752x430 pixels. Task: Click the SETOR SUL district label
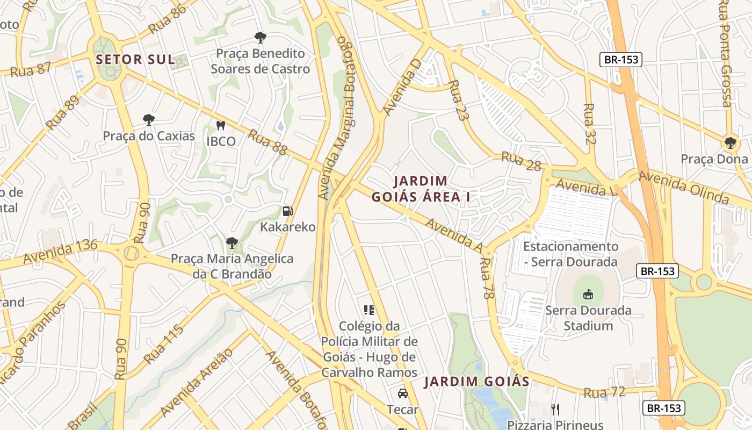(135, 60)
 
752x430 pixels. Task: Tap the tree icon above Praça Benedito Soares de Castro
(260, 38)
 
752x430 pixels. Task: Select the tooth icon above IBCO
(220, 126)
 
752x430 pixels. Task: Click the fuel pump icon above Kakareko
(288, 211)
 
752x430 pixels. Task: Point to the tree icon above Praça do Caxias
(149, 120)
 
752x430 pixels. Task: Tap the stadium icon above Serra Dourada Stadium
(588, 295)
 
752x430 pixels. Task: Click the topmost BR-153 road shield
(621, 60)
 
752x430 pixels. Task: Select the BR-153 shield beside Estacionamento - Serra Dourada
(657, 271)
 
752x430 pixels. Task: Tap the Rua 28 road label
(521, 161)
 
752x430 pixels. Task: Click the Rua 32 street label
(590, 124)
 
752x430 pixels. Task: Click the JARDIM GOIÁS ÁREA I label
(421, 189)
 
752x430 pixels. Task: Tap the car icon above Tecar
(402, 393)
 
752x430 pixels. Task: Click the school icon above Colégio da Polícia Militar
(369, 310)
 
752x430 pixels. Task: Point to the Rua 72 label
(604, 392)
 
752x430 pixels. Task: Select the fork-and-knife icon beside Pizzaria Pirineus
(555, 410)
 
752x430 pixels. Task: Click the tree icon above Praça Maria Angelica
(232, 243)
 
